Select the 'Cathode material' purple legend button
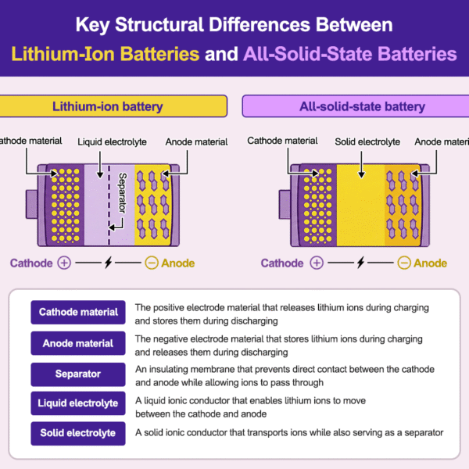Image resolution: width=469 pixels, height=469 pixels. click(x=78, y=312)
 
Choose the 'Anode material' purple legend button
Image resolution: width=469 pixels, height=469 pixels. click(x=78, y=343)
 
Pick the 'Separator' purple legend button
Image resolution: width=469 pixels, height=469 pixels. click(x=78, y=374)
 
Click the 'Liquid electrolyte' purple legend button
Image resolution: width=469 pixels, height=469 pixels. click(x=78, y=403)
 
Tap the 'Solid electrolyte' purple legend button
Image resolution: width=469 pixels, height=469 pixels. click(x=78, y=433)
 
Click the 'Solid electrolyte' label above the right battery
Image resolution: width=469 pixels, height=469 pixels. click(x=367, y=142)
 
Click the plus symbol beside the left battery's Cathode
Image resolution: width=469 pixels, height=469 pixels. click(x=64, y=263)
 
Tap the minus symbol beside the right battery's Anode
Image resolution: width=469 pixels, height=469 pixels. click(x=403, y=263)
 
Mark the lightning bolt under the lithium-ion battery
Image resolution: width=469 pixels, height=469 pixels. click(x=108, y=263)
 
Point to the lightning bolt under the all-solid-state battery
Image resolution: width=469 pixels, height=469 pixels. click(x=360, y=263)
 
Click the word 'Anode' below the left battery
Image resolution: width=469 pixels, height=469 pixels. click(x=178, y=263)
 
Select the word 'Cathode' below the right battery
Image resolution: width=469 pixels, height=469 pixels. click(x=282, y=263)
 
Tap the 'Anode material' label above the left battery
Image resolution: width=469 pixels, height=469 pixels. click(x=196, y=142)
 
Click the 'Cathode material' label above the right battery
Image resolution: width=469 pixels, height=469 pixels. click(x=282, y=141)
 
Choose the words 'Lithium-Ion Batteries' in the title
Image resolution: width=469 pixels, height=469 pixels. click(x=104, y=55)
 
